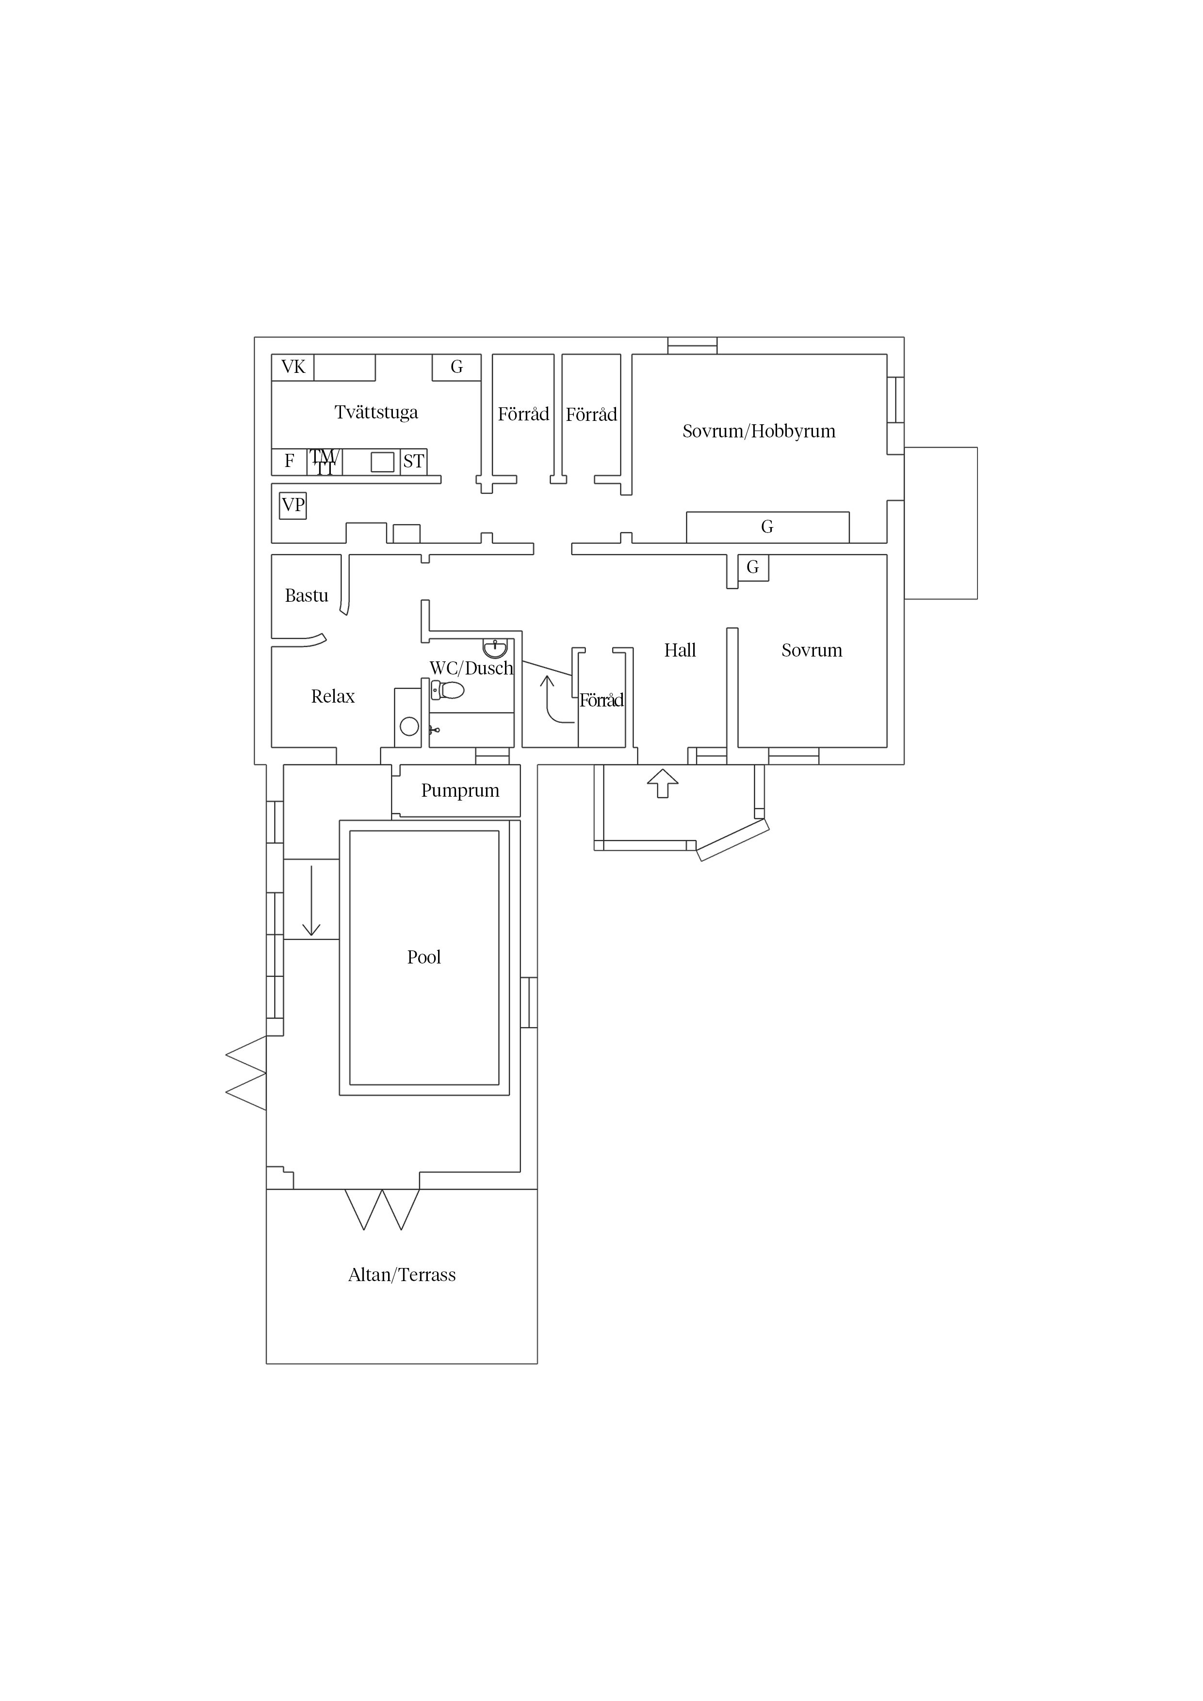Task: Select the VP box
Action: coord(293,505)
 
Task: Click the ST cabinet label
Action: coord(414,462)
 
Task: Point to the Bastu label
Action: coord(306,595)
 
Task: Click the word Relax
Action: coord(333,696)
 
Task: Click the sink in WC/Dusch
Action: coord(495,649)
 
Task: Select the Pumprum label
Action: coord(460,790)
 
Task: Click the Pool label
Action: coord(424,957)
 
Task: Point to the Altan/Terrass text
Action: coord(402,1275)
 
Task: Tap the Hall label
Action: coord(680,650)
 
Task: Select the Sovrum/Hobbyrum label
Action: coord(759,431)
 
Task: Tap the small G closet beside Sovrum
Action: coord(753,567)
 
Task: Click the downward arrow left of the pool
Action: coord(311,901)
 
